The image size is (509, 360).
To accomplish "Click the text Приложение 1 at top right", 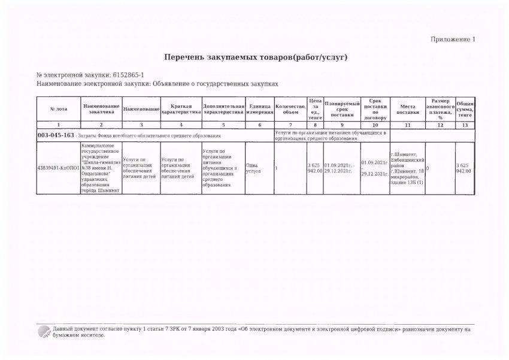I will tap(452, 40).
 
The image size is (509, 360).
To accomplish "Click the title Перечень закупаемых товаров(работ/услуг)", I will tap(256, 57).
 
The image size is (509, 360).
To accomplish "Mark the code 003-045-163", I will tap(56, 136).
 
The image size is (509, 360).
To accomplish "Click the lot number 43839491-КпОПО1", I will tap(58, 168).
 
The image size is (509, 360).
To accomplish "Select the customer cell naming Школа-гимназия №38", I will tap(100, 168).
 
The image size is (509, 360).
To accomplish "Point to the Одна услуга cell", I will tap(259, 168).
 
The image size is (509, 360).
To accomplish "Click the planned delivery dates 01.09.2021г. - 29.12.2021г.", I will tap(342, 168).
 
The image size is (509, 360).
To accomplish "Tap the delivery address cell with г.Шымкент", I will tap(408, 168).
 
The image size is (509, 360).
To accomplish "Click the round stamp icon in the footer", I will tap(43, 331).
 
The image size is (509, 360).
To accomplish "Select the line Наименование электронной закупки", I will tap(158, 85).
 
